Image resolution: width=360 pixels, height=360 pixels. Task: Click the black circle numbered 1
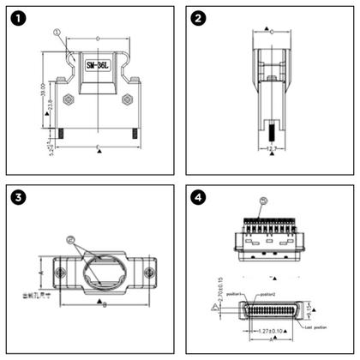tap(19, 18)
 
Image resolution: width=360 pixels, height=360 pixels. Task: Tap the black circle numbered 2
tap(198, 18)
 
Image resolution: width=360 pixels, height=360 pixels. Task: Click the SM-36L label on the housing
tap(99, 64)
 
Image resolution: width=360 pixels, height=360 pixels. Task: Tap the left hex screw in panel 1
tap(69, 99)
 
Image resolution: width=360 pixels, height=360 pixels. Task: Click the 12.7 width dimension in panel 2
tap(270, 148)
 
